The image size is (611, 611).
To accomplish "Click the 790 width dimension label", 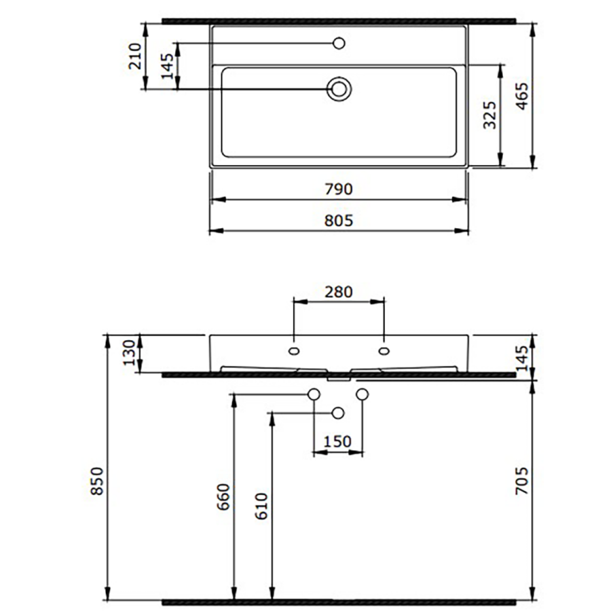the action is (x=338, y=189).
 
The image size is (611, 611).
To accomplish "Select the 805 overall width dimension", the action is (x=338, y=221).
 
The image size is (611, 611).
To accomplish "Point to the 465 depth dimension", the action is (x=522, y=96).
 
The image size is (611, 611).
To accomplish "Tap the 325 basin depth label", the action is (x=489, y=115).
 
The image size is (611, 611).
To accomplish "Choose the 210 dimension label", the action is (x=135, y=56).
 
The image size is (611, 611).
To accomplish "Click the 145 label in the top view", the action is (x=168, y=67).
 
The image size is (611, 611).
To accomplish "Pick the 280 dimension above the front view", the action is (x=338, y=292).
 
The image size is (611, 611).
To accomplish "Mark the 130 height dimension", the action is (x=129, y=352).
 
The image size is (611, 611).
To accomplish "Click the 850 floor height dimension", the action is (x=97, y=481).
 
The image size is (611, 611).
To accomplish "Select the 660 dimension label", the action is (x=223, y=497).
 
